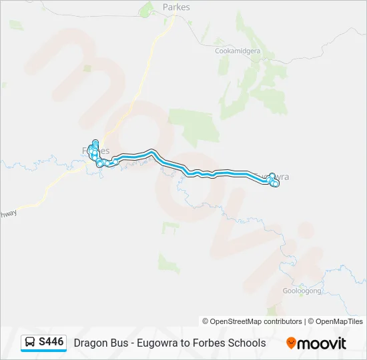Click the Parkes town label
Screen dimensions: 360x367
coord(176,7)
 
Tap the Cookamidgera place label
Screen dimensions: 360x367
coord(236,51)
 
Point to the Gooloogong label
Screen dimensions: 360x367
coord(302,291)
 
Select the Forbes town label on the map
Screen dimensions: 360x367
coord(96,151)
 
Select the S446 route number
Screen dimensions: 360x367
coord(51,343)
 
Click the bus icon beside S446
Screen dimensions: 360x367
coord(30,343)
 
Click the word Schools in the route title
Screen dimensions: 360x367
coord(247,343)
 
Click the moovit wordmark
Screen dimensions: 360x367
coord(322,343)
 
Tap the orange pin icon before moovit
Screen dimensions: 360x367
coord(291,343)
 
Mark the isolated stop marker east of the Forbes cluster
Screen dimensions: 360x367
coord(115,161)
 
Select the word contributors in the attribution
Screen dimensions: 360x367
coord(276,321)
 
